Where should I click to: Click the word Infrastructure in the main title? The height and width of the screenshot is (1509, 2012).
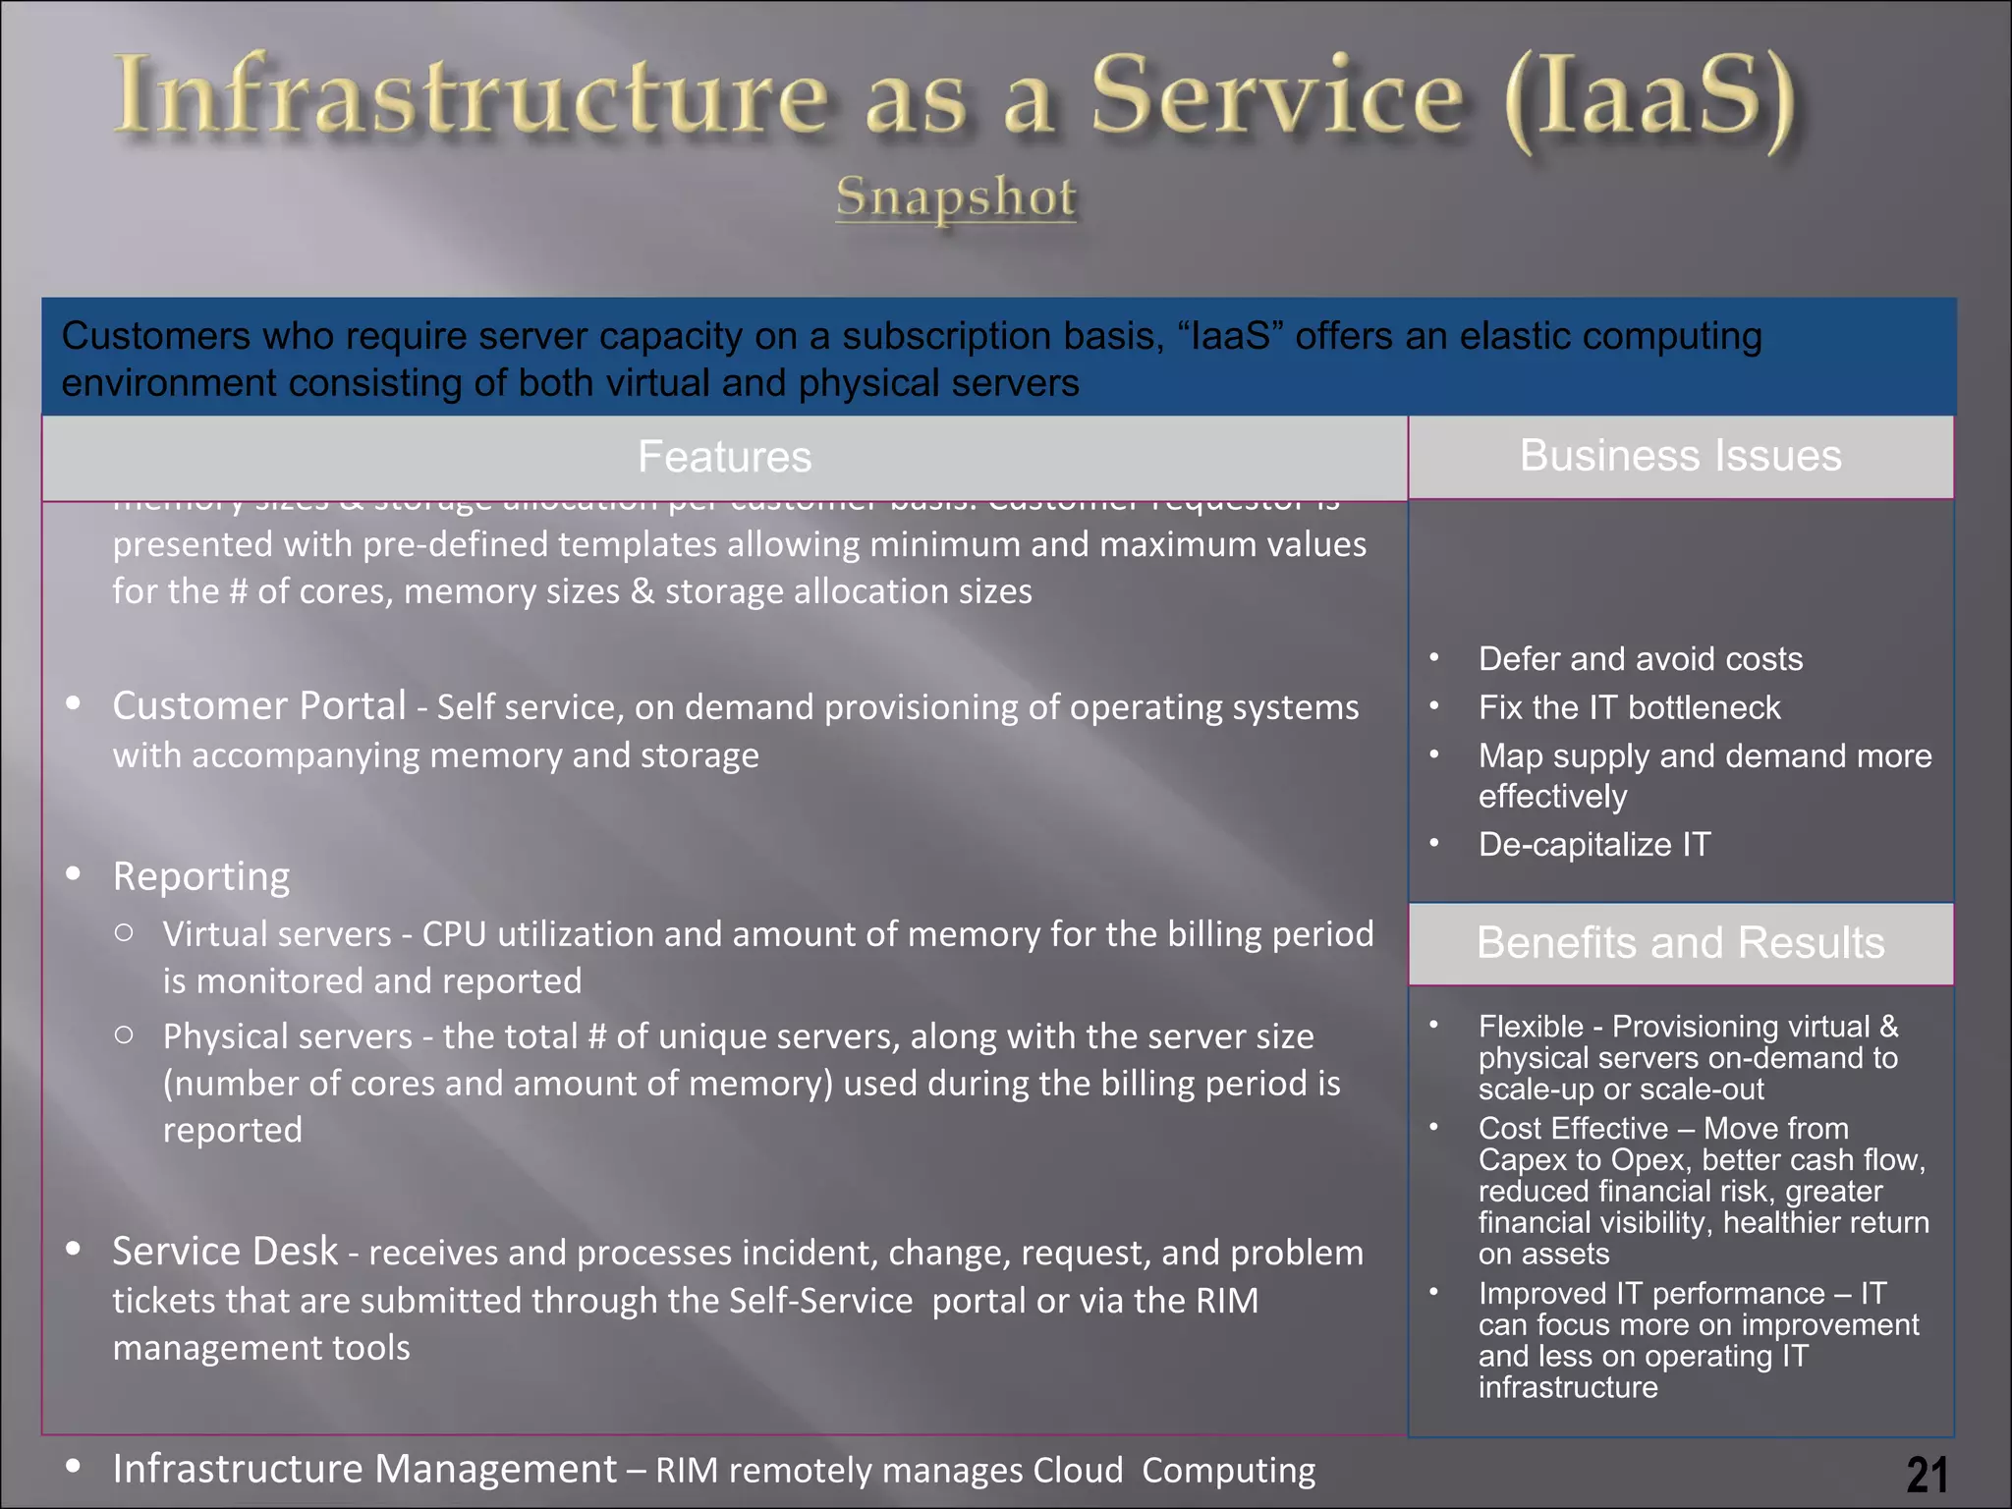[x=472, y=96]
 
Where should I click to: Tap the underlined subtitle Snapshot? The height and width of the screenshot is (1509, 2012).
[x=956, y=196]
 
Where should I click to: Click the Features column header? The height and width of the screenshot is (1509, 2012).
[x=724, y=457]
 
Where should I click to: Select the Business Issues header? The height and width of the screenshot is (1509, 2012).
[x=1680, y=456]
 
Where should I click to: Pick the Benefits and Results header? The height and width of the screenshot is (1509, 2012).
[x=1680, y=943]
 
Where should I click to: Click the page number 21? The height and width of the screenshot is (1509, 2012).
[x=1927, y=1474]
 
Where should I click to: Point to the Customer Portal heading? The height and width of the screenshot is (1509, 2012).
[x=259, y=705]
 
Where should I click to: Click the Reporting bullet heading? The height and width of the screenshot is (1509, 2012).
[x=201, y=875]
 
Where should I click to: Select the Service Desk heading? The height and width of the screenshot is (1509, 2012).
[x=225, y=1251]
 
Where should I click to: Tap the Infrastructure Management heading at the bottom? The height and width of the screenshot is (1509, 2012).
[x=364, y=1469]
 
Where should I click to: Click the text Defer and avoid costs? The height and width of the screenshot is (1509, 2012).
[x=1640, y=658]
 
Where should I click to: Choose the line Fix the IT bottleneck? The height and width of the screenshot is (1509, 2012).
[x=1629, y=707]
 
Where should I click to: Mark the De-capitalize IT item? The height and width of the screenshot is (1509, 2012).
[x=1593, y=844]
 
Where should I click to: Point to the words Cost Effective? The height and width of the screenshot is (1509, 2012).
[x=1573, y=1128]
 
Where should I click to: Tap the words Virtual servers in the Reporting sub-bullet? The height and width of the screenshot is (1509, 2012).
[x=277, y=934]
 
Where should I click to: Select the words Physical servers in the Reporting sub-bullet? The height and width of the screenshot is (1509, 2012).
[x=288, y=1036]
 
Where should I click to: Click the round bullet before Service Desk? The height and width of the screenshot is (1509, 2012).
[x=73, y=1249]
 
